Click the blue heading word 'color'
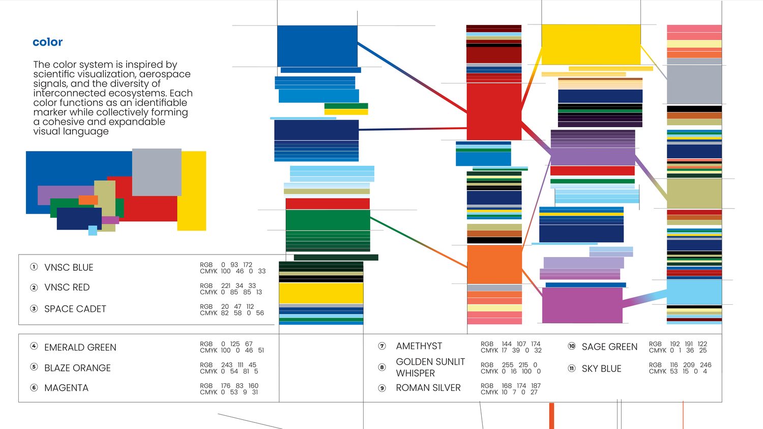47,42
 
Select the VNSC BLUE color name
69,268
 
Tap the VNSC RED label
67,287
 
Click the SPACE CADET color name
75,309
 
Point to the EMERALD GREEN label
80,347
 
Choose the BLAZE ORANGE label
78,368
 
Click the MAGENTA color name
67,388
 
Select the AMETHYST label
419,346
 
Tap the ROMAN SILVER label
428,388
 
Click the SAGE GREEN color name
609,347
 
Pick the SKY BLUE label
602,368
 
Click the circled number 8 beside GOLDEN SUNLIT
382,367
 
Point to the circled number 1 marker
34,267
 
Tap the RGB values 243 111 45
239,365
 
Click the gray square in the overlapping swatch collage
157,172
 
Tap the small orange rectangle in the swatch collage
88,200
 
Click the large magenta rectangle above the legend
582,305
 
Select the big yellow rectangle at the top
591,44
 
